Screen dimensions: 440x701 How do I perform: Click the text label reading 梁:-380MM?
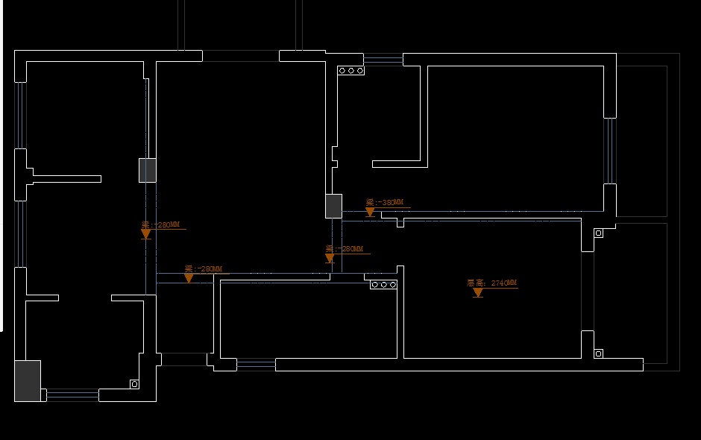pos(385,202)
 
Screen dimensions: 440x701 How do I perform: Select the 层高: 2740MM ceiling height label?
pos(491,283)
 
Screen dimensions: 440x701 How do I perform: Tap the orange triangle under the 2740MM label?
pos(478,293)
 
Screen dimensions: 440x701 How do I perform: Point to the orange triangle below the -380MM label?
pos(370,213)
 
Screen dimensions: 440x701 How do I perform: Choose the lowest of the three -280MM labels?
pos(203,268)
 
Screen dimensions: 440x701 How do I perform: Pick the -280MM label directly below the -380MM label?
pos(345,249)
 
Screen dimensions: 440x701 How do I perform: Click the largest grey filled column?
pos(28,380)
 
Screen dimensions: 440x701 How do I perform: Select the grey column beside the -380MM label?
pos(333,206)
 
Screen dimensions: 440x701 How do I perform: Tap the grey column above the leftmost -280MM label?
pos(148,170)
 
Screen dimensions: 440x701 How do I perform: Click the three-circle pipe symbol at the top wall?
pos(350,71)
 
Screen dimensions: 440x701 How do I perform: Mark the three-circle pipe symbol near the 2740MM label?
pos(383,285)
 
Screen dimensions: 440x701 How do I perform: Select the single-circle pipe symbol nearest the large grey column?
pos(134,384)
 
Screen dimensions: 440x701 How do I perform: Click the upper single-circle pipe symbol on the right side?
pos(598,233)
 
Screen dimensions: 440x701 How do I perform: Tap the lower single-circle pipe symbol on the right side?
pos(598,353)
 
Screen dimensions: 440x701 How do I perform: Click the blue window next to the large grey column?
pos(72,394)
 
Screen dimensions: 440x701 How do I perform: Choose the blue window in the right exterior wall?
pos(610,151)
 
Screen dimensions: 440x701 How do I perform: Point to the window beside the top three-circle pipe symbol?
pos(383,60)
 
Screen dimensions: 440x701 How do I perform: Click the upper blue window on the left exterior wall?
pos(20,115)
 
